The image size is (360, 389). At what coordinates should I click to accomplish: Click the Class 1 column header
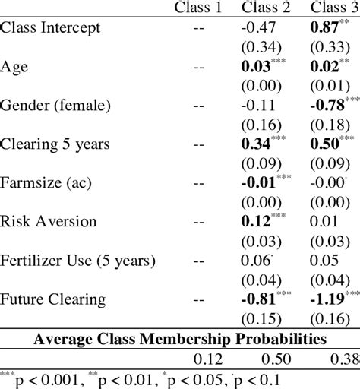(199, 8)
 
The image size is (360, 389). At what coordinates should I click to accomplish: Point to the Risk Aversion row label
(49, 221)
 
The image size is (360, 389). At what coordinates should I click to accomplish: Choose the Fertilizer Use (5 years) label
(78, 261)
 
